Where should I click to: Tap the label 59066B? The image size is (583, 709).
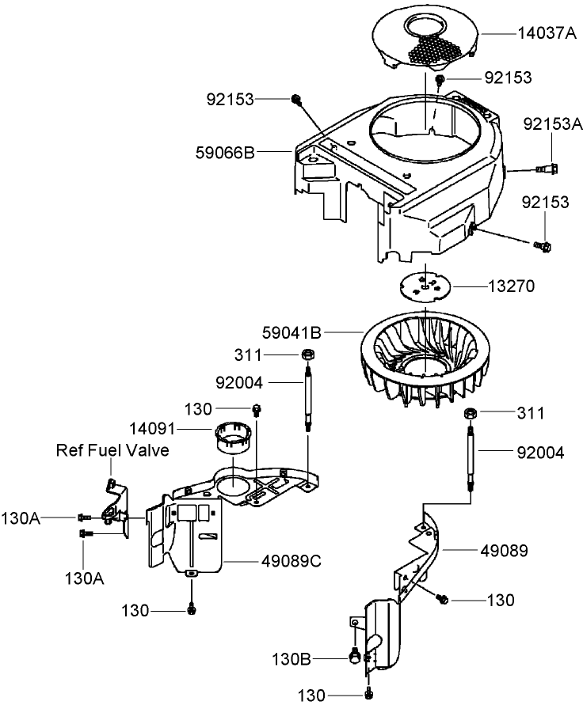(224, 151)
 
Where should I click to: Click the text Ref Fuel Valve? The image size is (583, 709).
(112, 450)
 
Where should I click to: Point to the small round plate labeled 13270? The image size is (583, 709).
(426, 286)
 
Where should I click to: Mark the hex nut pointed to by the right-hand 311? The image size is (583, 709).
(469, 413)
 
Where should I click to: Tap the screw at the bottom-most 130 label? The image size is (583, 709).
(369, 695)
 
